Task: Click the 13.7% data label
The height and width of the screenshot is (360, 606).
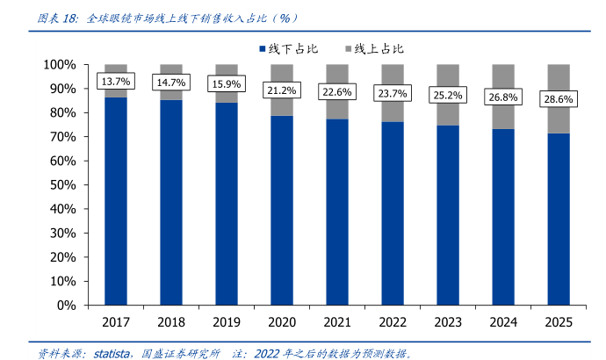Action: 116,82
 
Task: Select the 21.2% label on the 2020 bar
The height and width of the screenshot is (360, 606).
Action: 282,90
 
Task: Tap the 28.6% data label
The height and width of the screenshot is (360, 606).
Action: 559,99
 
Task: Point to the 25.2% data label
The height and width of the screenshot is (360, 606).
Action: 448,94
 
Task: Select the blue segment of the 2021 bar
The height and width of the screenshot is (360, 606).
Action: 337,211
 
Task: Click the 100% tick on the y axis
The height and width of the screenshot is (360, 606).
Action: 62,65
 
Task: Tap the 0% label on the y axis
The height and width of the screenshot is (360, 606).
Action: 69,306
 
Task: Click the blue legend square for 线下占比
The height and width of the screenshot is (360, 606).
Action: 262,49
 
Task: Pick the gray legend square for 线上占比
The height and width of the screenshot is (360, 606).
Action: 349,49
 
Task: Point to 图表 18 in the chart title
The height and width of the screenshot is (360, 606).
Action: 52,17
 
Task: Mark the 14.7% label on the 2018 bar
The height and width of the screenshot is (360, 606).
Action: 171,83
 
